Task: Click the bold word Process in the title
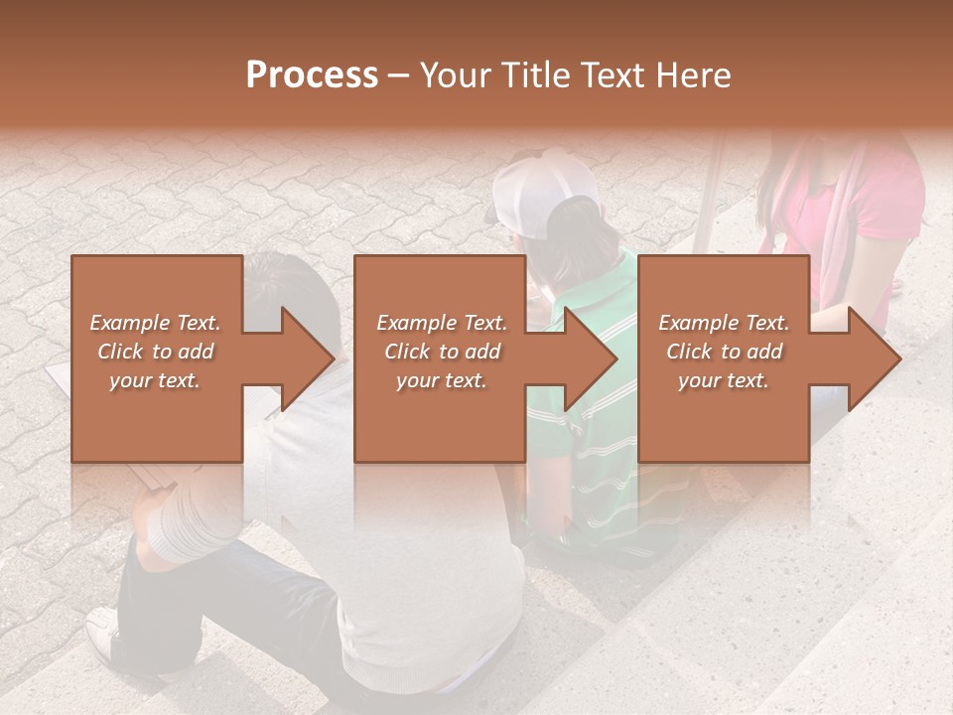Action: coord(312,75)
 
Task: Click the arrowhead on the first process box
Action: coord(309,358)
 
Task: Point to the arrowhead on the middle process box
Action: coord(592,358)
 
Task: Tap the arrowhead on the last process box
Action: coord(875,358)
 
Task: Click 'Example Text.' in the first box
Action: coord(155,323)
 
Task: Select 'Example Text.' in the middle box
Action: coord(442,323)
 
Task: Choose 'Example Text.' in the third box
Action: coord(724,323)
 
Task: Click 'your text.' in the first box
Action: coord(155,380)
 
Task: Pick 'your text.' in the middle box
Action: coord(442,380)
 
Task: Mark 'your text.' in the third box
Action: coord(724,380)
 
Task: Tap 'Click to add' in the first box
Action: coord(155,352)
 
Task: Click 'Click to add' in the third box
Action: coord(724,352)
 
